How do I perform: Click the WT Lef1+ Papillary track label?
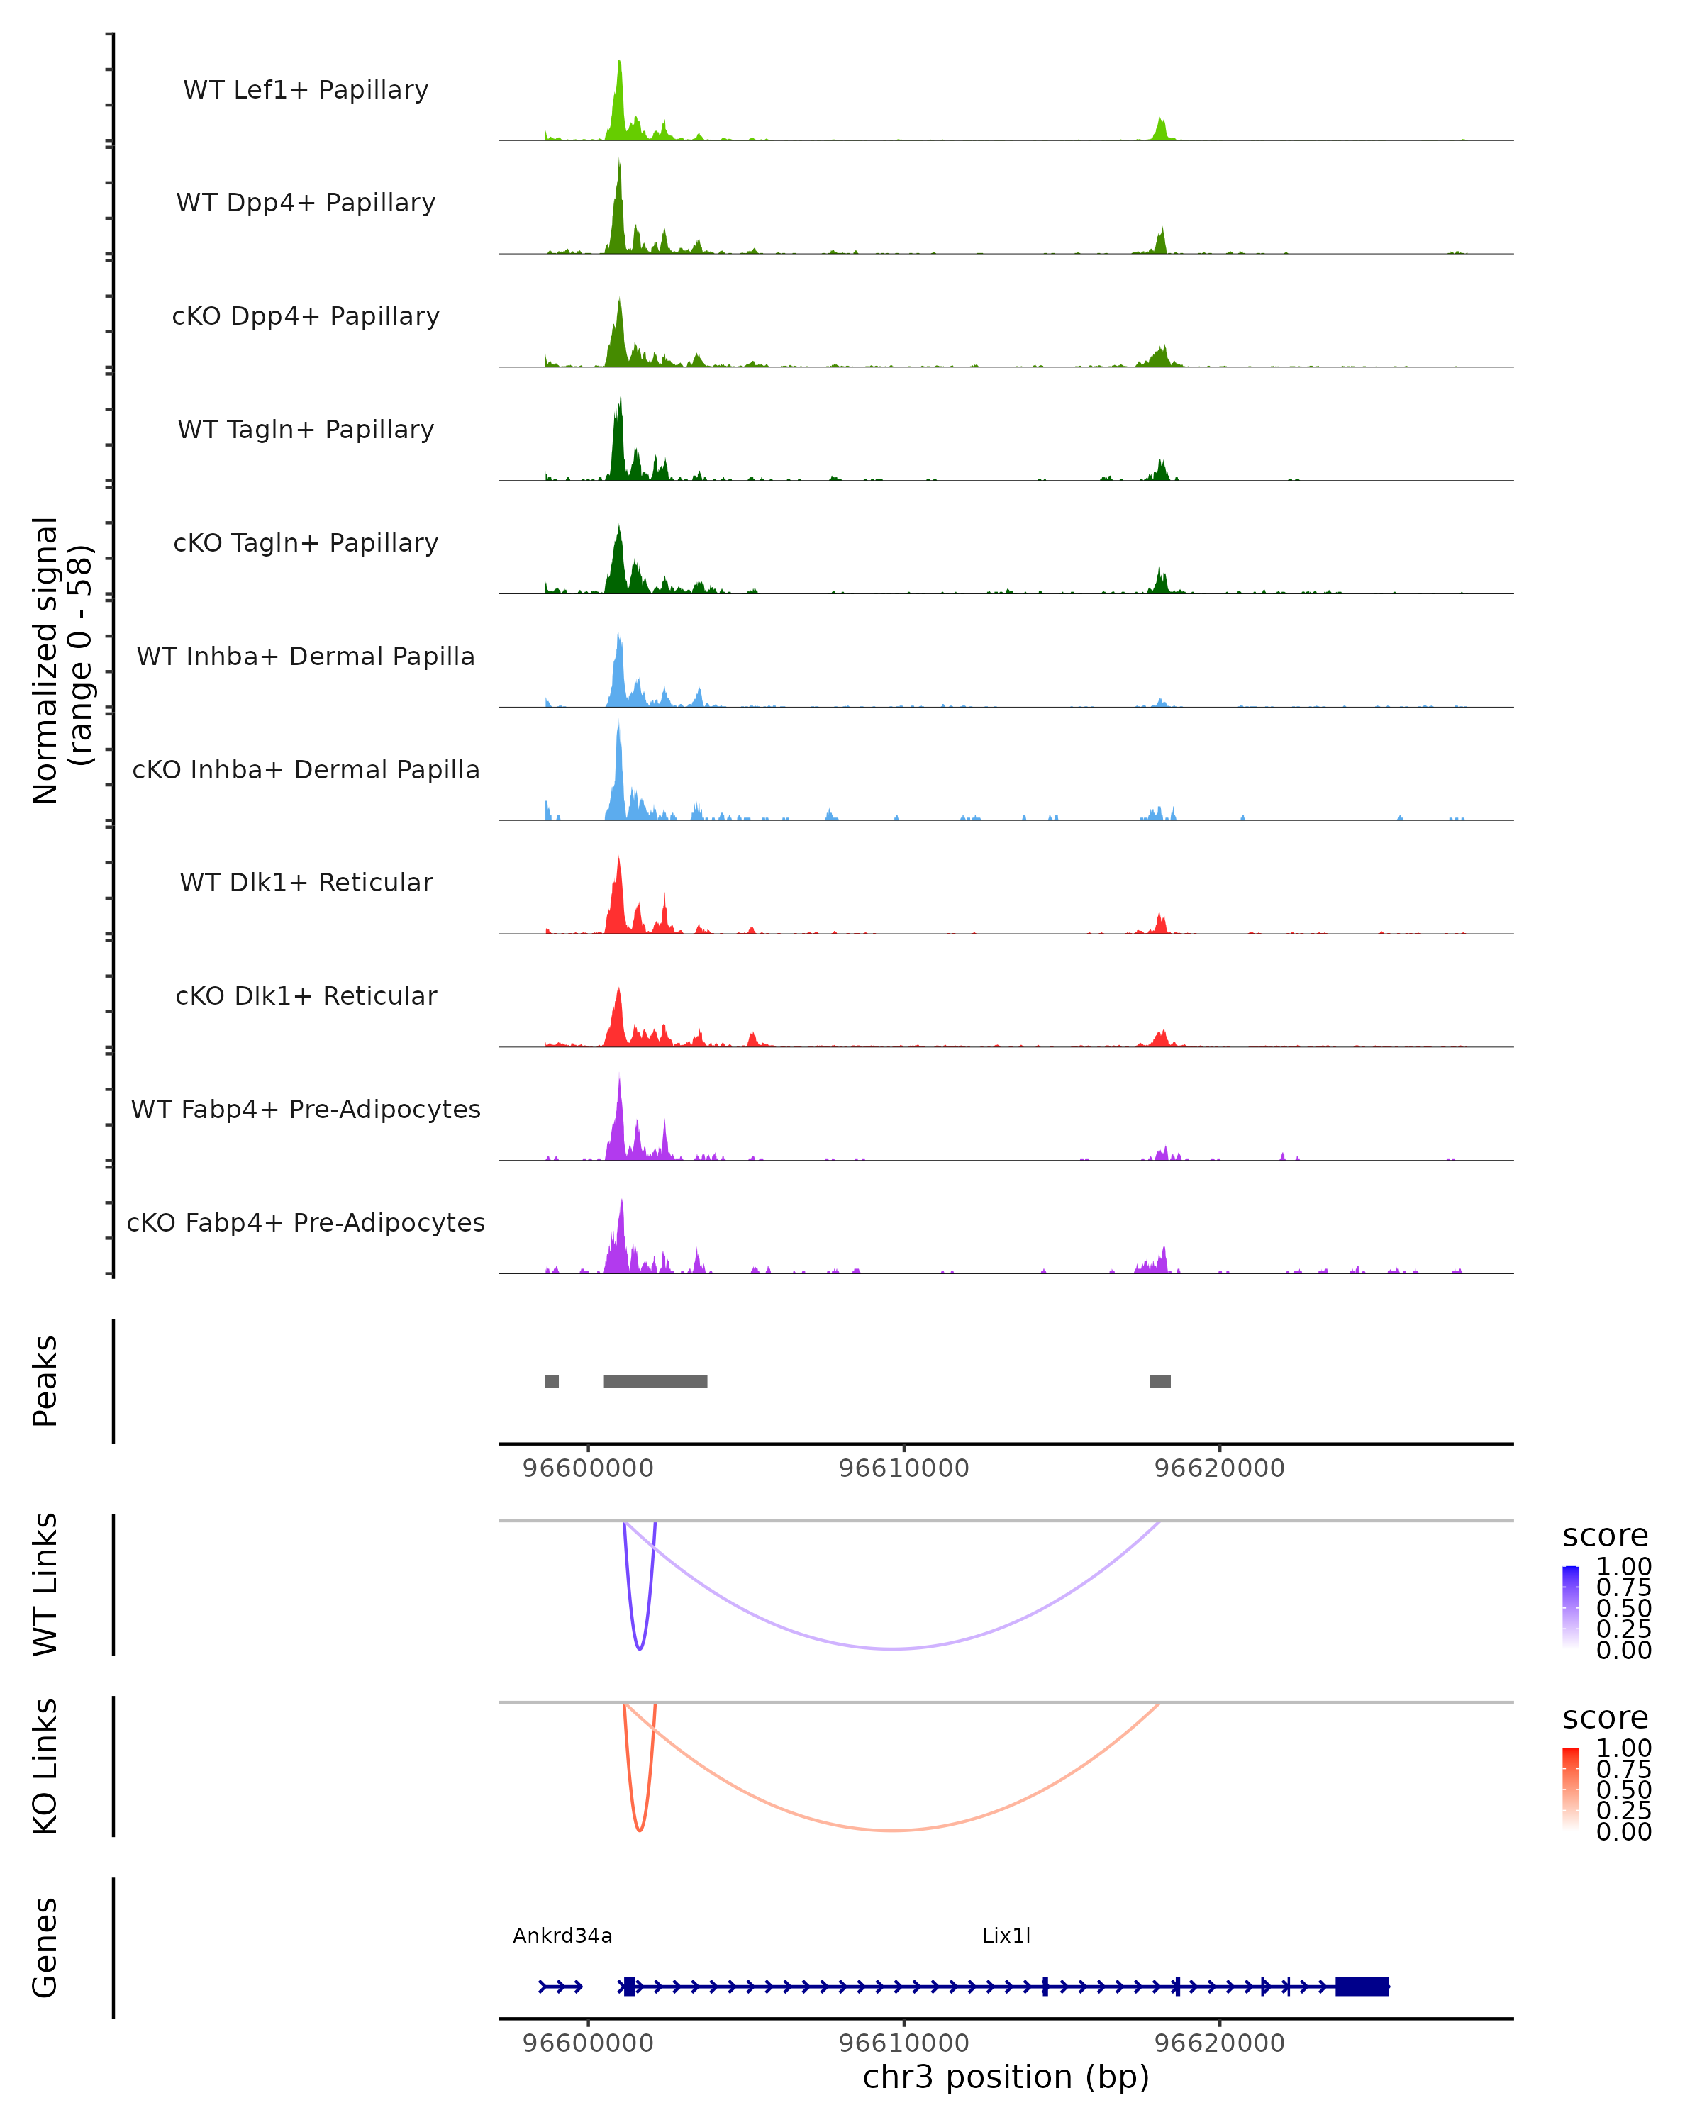(306, 90)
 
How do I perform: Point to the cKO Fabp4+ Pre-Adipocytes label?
(306, 1222)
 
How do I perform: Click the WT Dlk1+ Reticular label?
(306, 882)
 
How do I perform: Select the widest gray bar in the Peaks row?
(655, 1381)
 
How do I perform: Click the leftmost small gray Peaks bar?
(552, 1381)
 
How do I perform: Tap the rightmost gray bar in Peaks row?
(1160, 1381)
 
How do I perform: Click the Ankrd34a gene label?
(562, 1935)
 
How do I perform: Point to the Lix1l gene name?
(1006, 1935)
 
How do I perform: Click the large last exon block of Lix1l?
(1362, 1986)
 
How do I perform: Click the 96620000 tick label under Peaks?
(1220, 1468)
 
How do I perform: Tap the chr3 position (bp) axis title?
(1006, 2077)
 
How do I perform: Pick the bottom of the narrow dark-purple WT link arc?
(640, 1648)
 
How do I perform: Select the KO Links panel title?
(45, 1766)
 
